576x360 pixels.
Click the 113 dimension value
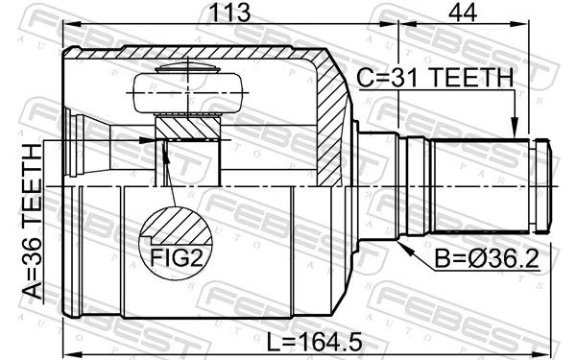[x=229, y=12]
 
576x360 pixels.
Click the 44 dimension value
[x=463, y=12]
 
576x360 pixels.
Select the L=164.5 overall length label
[x=314, y=342]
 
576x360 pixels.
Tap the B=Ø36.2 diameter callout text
[x=487, y=258]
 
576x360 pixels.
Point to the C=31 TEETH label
[x=435, y=78]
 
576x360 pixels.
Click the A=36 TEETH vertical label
[x=33, y=222]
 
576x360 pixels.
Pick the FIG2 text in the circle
[x=177, y=257]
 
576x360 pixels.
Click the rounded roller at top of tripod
[x=188, y=92]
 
